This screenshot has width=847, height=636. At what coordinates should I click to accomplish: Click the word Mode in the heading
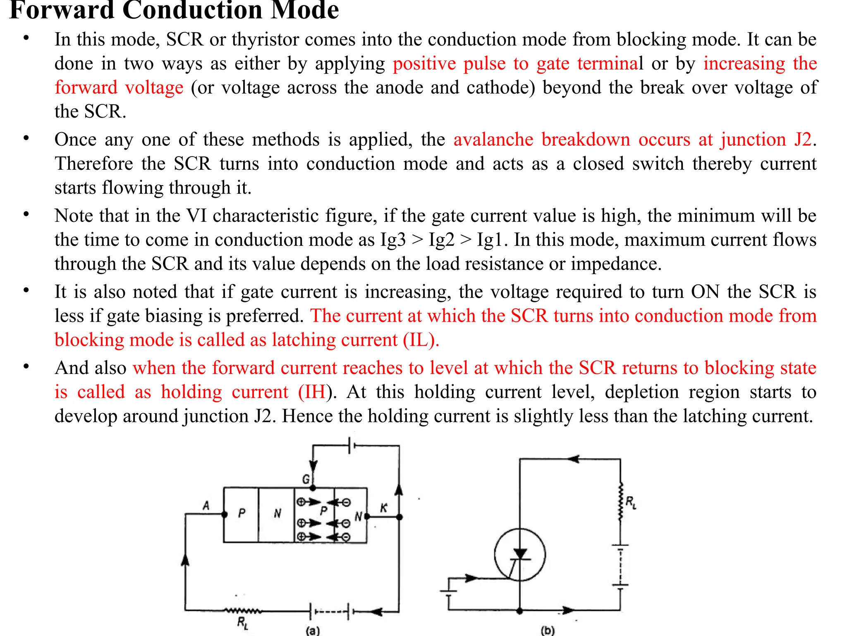point(304,10)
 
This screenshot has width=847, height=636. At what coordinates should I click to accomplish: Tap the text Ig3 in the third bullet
point(393,240)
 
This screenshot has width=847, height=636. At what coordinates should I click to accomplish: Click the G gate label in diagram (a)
point(306,479)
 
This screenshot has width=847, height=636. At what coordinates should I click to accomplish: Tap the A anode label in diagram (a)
point(206,506)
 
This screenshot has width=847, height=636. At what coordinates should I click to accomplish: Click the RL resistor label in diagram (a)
point(243,622)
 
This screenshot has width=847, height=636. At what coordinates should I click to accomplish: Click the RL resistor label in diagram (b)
point(631,502)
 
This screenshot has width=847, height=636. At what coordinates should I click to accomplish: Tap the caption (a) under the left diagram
point(313,630)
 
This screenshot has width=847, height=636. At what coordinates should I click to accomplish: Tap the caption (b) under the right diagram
point(548,630)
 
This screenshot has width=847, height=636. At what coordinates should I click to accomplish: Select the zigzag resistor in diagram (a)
point(243,610)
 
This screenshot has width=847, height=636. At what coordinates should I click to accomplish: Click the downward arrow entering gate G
point(313,466)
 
